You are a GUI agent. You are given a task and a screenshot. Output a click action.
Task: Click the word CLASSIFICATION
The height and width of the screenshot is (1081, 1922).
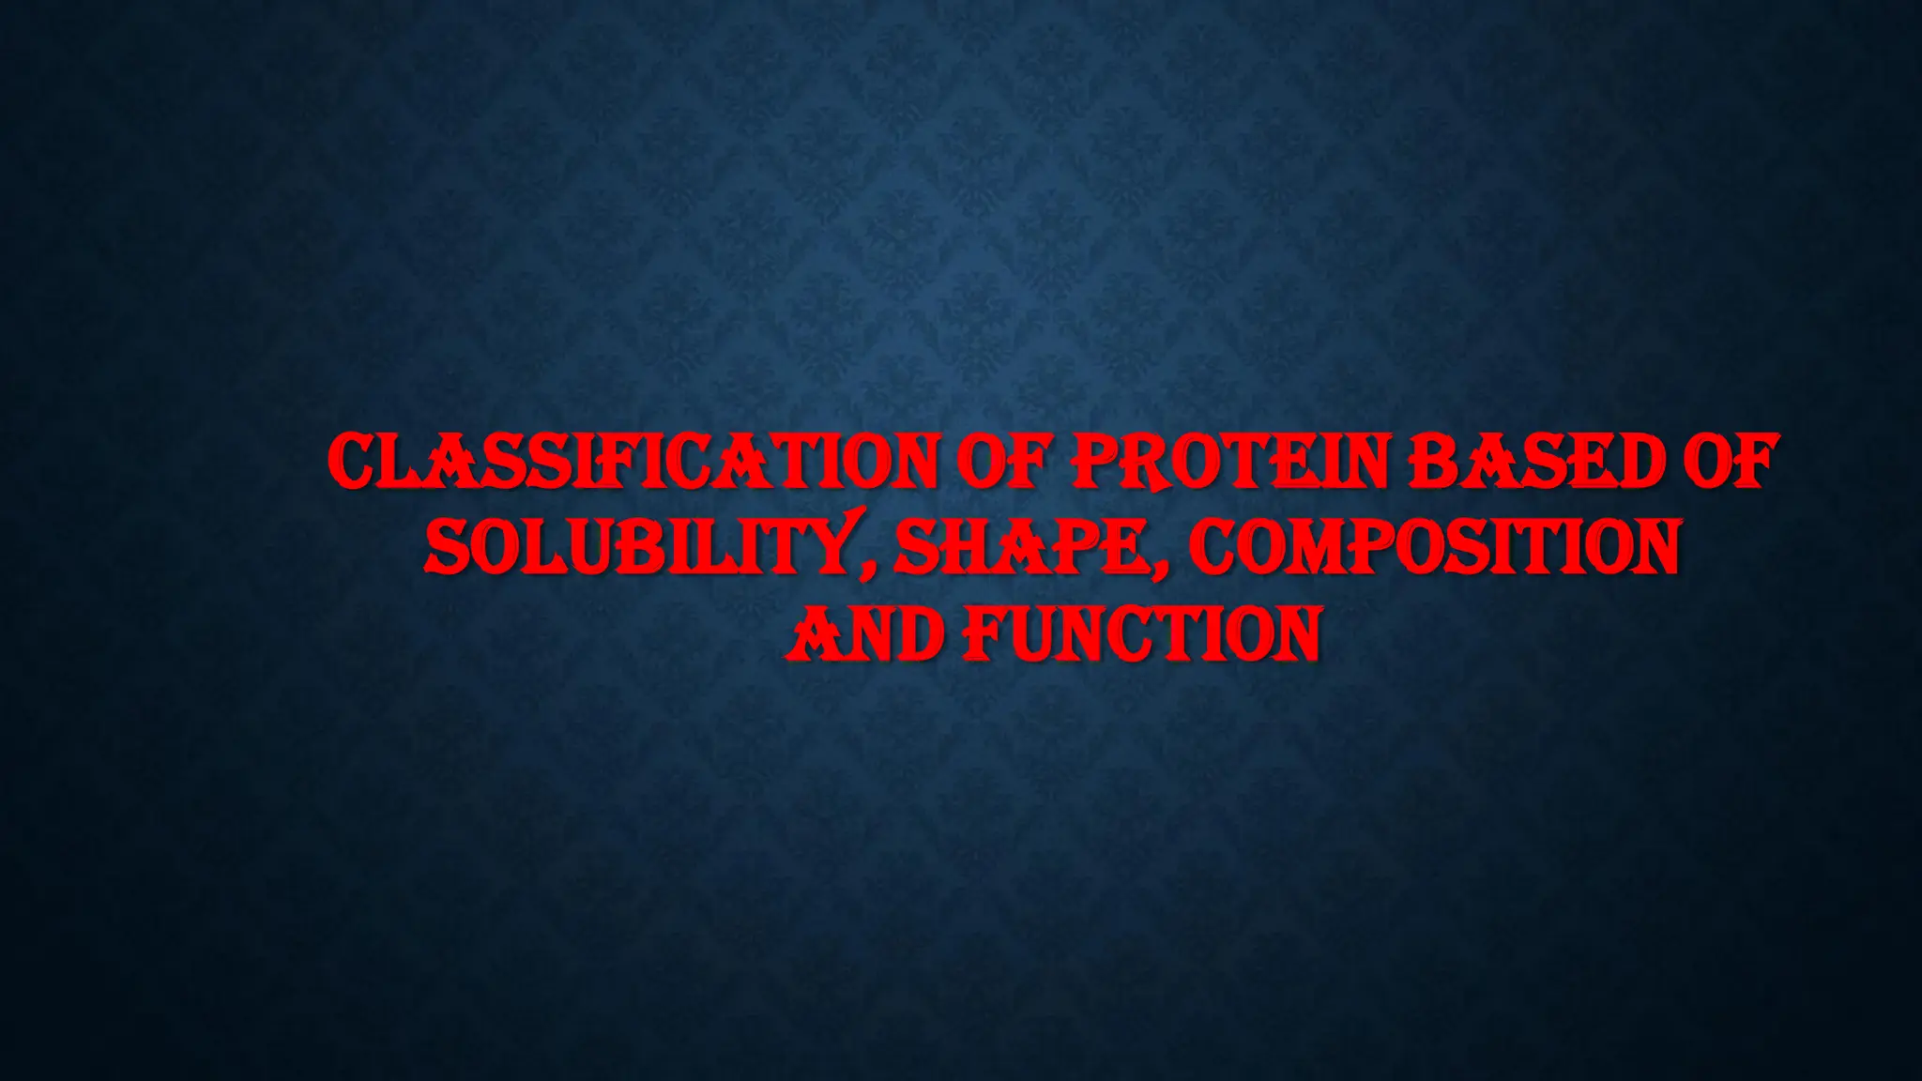coord(633,463)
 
